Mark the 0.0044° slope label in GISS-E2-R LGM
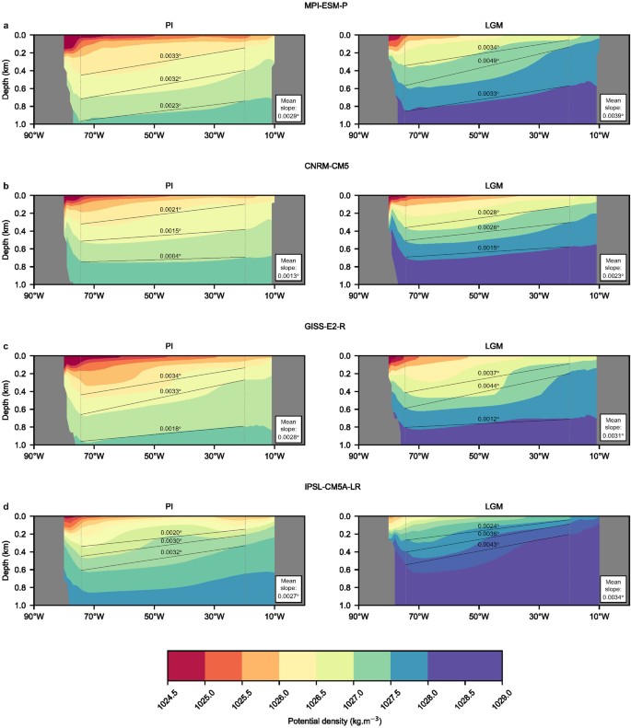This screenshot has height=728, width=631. pyautogui.click(x=488, y=386)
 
